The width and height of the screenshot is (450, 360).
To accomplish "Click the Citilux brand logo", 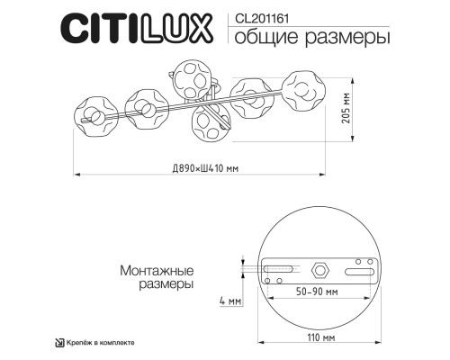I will (x=134, y=27).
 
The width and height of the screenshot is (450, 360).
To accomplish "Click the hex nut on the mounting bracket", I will (x=319, y=270).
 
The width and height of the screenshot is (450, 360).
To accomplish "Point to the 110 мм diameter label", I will (x=316, y=337).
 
